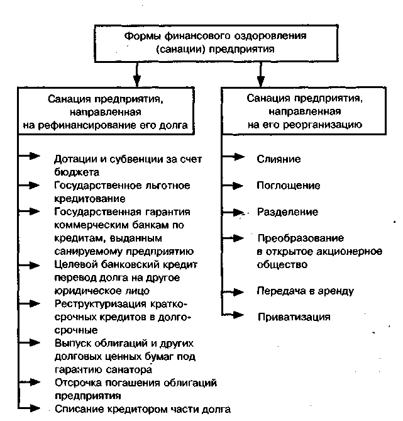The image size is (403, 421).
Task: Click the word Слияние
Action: [279, 159]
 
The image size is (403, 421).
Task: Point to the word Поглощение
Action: [289, 186]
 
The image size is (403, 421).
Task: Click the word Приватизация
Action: [294, 317]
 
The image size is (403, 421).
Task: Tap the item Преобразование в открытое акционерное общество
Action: [311, 251]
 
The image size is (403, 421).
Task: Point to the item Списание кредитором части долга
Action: [143, 409]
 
